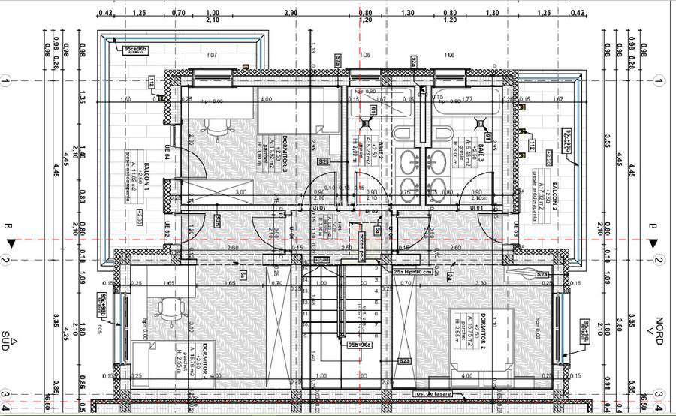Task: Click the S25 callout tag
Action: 324,161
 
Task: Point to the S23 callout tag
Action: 404,362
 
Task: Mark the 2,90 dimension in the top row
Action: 291,13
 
